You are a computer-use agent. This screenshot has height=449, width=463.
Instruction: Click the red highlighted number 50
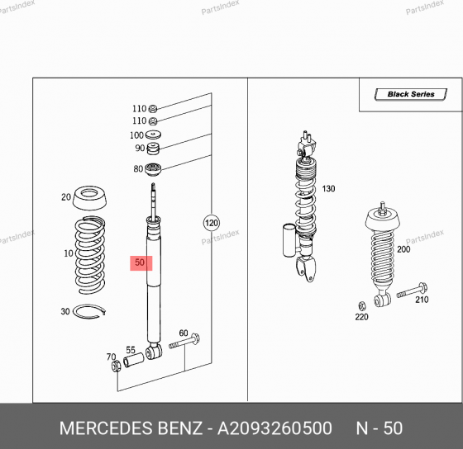[141, 263]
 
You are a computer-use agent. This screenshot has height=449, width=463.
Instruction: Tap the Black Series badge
[410, 95]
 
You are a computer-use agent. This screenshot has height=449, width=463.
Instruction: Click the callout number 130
[329, 189]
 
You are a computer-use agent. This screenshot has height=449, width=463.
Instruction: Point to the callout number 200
[403, 249]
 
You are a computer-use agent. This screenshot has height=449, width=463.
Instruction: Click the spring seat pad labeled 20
[93, 198]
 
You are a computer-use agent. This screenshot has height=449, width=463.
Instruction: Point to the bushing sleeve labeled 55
[132, 362]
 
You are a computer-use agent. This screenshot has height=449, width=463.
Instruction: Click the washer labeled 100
[154, 135]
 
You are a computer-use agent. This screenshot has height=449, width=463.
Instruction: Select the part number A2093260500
[276, 428]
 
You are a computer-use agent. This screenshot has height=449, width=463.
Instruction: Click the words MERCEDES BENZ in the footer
[130, 428]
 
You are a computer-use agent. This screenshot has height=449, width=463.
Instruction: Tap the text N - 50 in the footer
[379, 428]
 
